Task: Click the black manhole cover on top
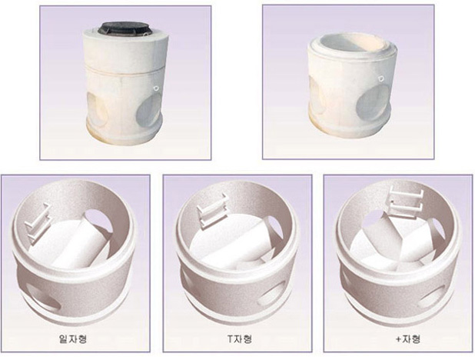pyautogui.click(x=122, y=28)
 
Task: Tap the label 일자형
pyautogui.click(x=73, y=338)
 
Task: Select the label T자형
pyautogui.click(x=240, y=338)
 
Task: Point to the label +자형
pyautogui.click(x=408, y=338)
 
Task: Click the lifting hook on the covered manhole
pyautogui.click(x=156, y=88)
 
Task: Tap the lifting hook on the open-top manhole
pyautogui.click(x=380, y=79)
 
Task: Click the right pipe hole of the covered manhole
pyautogui.click(x=148, y=110)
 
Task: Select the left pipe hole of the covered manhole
pyautogui.click(x=97, y=108)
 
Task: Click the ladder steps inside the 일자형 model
pyautogui.click(x=38, y=223)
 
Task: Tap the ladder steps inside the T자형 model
pyautogui.click(x=212, y=210)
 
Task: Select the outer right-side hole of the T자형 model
pyautogui.click(x=272, y=293)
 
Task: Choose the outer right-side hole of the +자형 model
pyautogui.click(x=432, y=295)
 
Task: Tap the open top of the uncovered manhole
pyautogui.click(x=352, y=44)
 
